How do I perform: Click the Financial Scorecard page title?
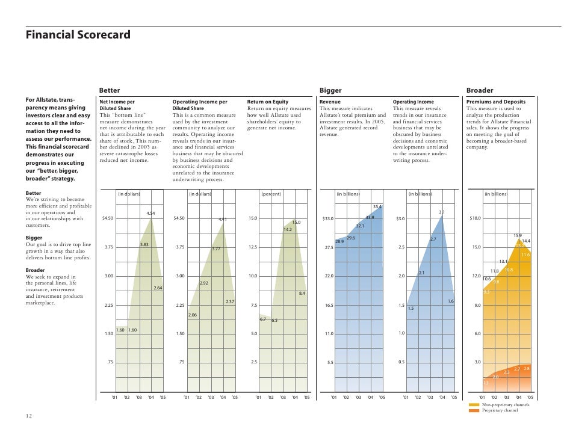77,35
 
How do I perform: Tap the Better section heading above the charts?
109,90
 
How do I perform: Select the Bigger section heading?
330,90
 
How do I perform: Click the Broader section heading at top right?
480,90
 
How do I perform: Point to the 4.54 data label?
152,214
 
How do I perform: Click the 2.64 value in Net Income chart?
158,288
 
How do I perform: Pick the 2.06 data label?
193,315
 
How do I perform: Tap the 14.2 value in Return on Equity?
288,229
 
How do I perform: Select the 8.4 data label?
302,293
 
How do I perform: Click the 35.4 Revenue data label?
377,207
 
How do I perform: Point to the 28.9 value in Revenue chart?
339,241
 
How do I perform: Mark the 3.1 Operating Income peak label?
442,212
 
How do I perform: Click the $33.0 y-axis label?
328,218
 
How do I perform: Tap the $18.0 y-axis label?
474,218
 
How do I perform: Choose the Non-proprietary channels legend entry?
506,406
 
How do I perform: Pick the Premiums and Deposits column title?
496,102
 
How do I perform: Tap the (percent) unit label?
270,194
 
